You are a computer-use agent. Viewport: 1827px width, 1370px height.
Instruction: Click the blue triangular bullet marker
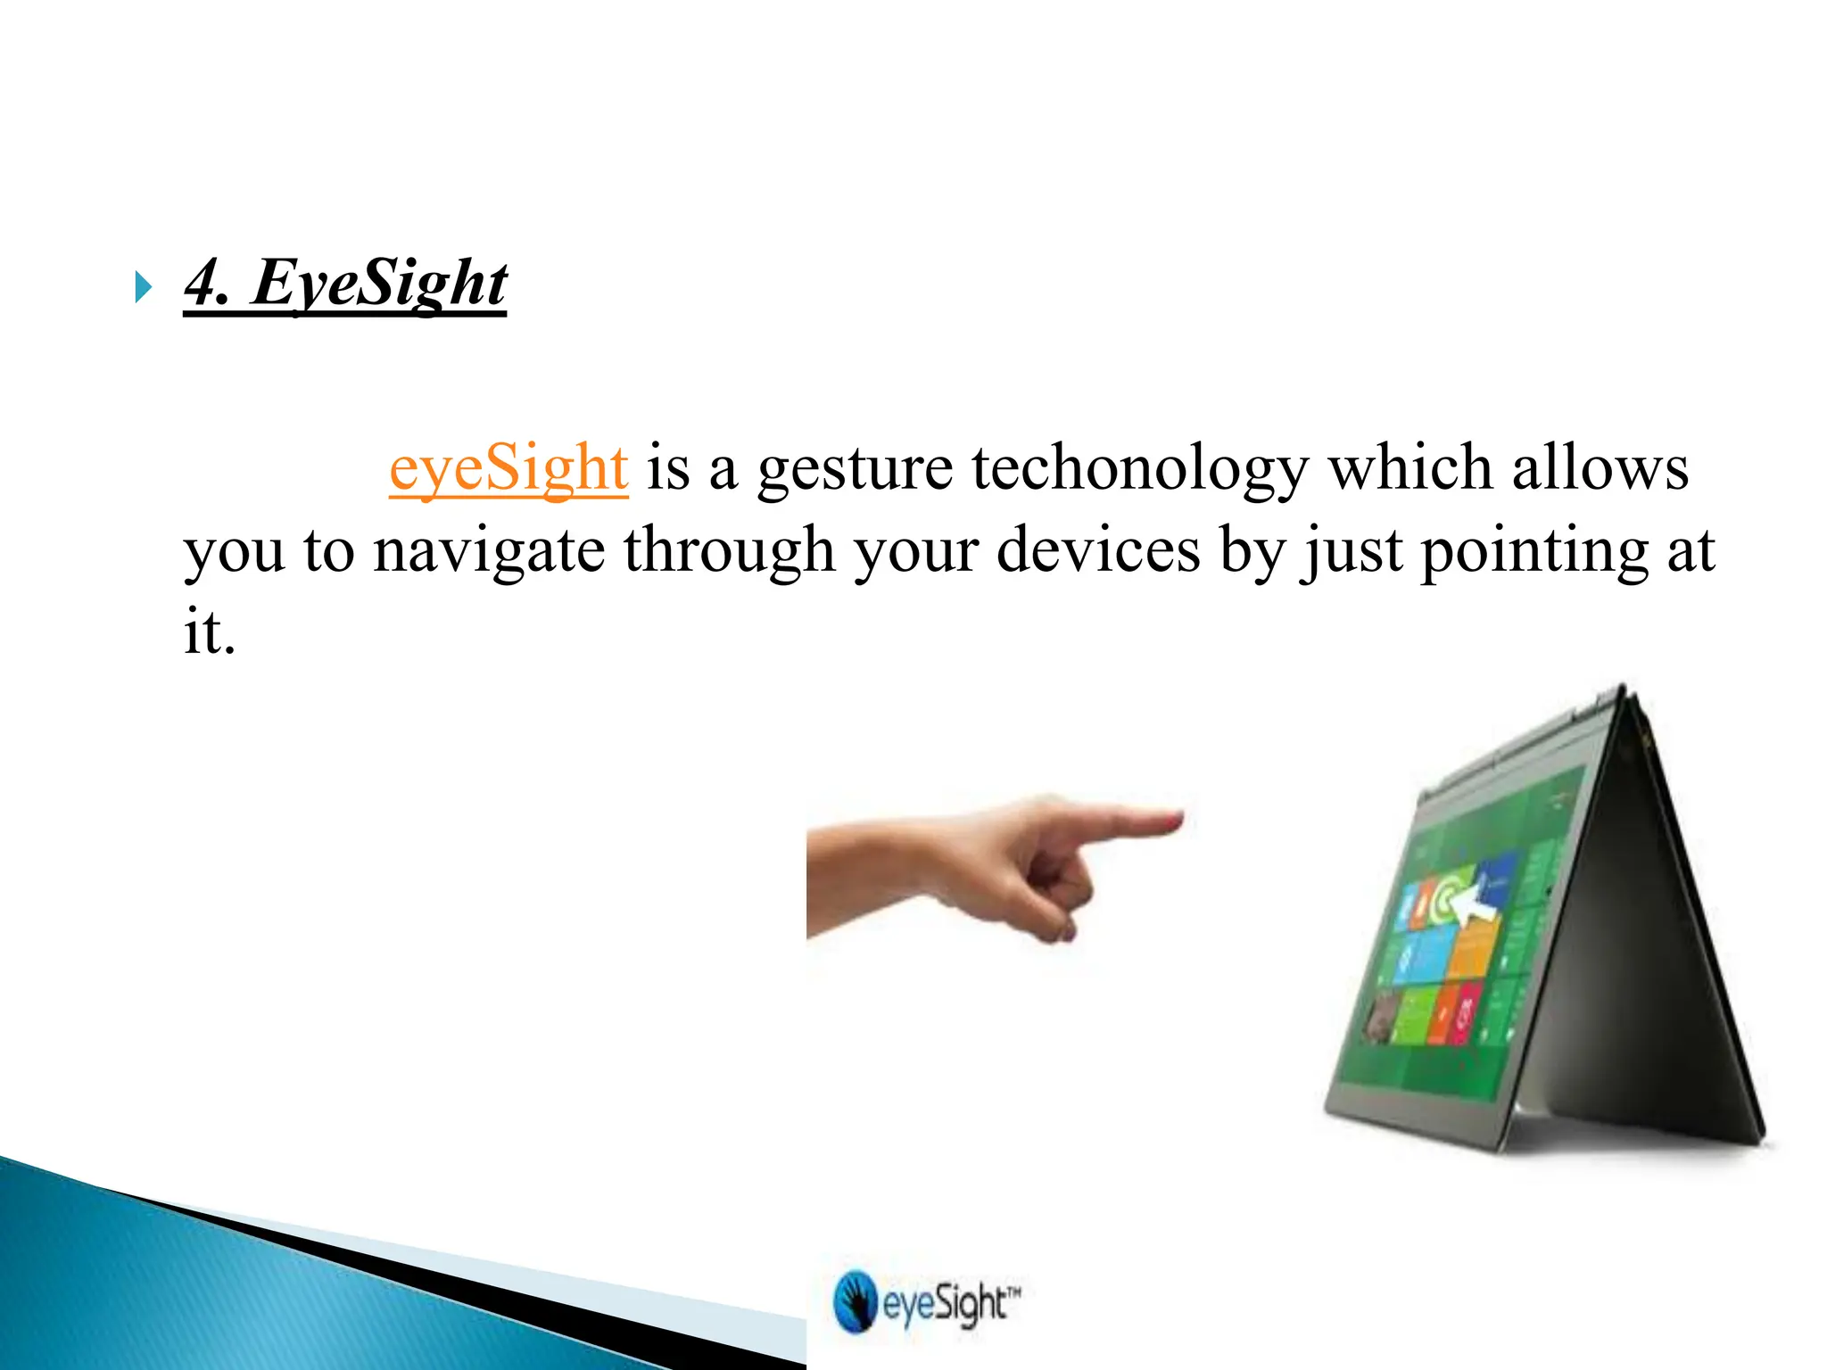(143, 288)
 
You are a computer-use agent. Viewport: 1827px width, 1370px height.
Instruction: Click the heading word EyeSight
(379, 284)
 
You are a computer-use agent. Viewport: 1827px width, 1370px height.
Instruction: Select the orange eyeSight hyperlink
(508, 467)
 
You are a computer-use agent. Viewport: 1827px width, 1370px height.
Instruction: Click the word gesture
(855, 469)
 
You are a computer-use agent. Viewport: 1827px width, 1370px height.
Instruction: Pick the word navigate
(489, 551)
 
